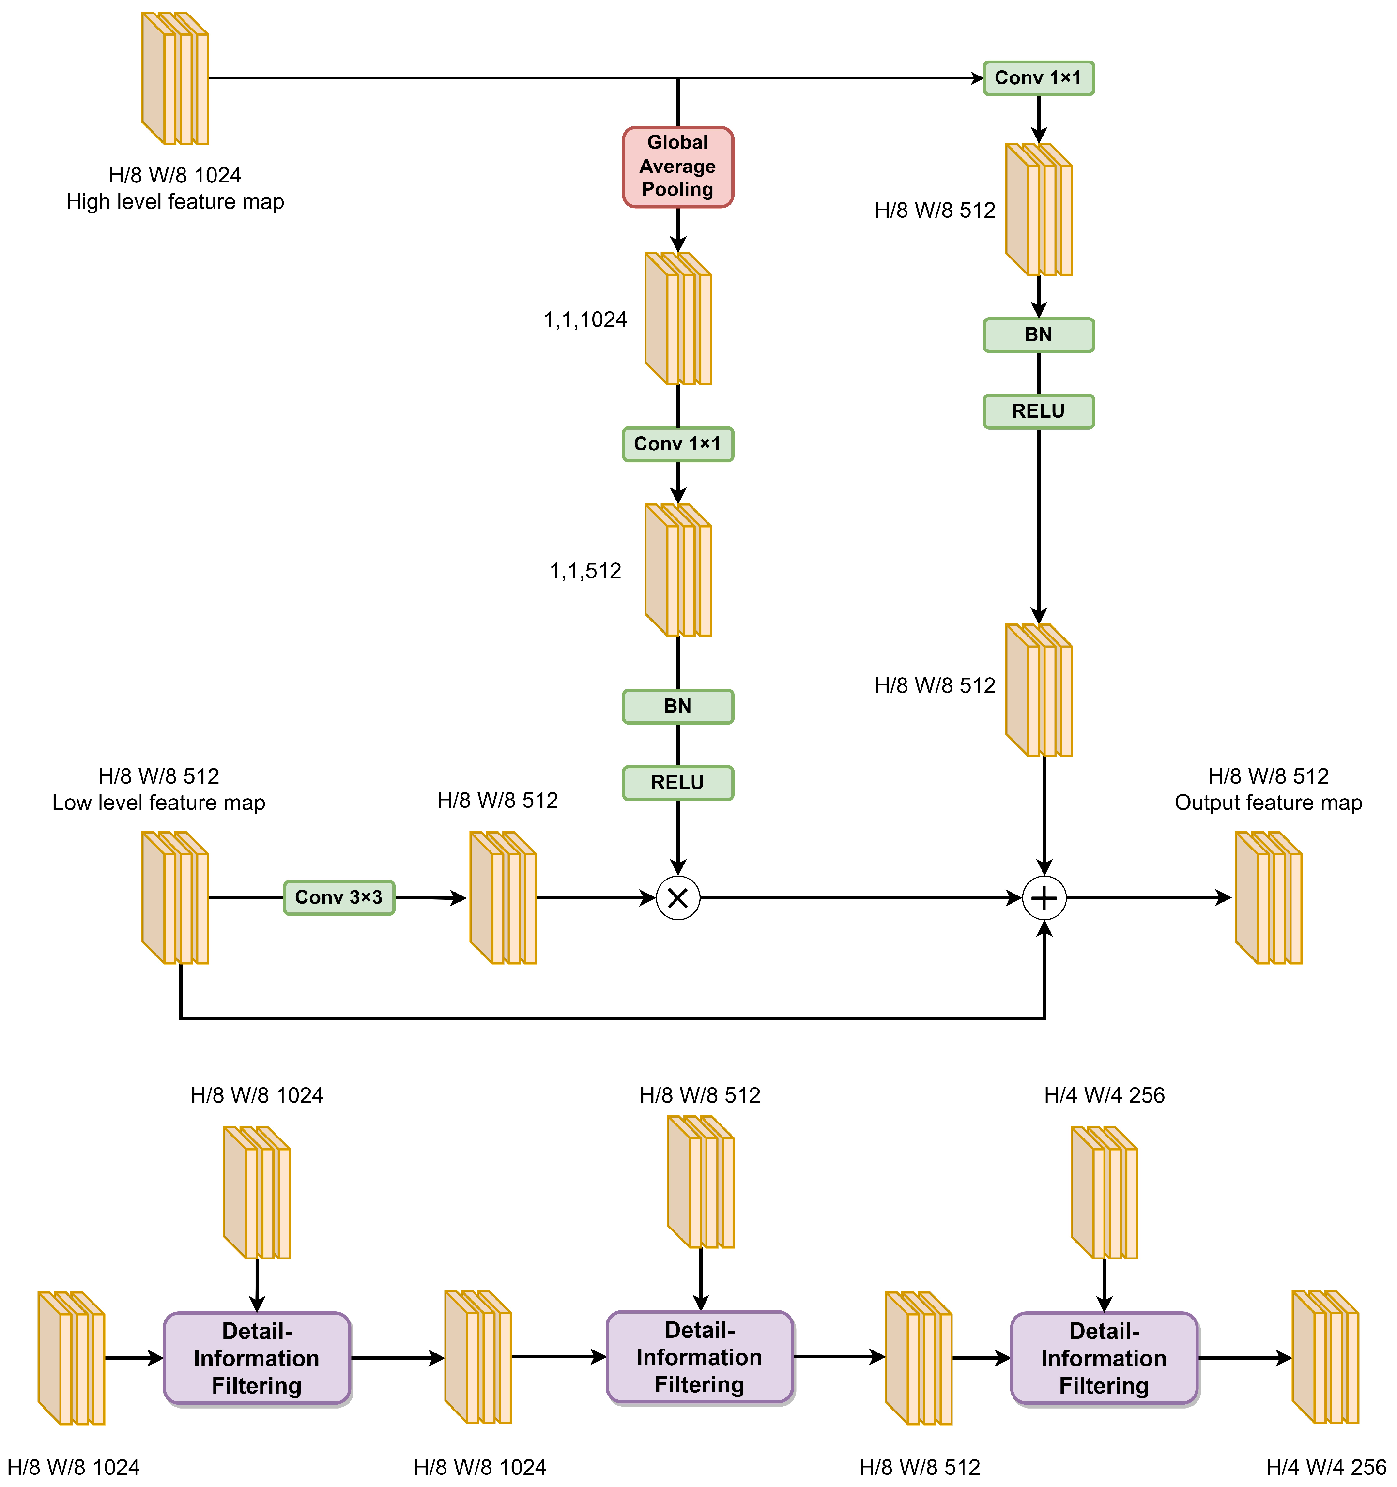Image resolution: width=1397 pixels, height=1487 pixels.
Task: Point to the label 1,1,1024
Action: click(x=585, y=319)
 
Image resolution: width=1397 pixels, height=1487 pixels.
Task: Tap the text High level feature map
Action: click(x=175, y=202)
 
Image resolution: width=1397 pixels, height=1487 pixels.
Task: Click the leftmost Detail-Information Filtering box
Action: click(x=257, y=1358)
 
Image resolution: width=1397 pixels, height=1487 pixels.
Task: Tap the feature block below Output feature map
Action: click(x=1268, y=897)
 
